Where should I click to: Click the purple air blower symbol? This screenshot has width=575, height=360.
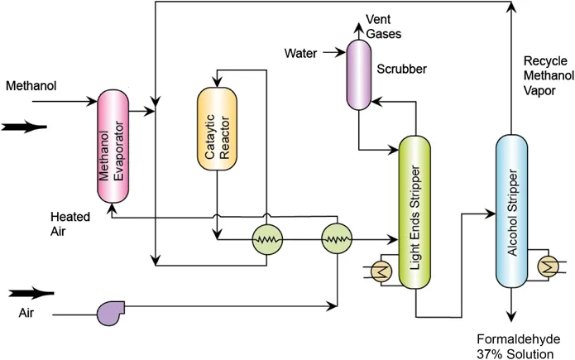(x=109, y=312)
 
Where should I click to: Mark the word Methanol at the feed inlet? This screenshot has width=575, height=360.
(x=29, y=86)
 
